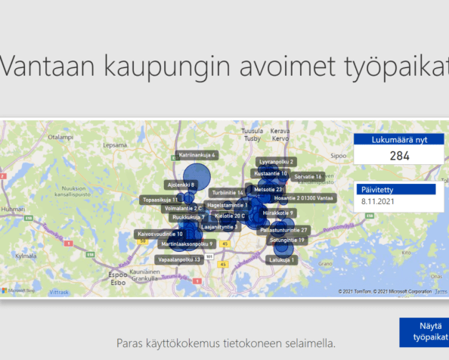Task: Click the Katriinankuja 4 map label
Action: point(197,155)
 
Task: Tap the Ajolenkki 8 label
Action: point(181,185)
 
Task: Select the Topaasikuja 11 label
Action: point(160,200)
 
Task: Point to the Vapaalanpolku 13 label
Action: point(178,259)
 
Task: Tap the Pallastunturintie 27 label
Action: point(283,229)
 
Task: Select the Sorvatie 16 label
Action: point(308,176)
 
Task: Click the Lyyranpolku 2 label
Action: point(277,162)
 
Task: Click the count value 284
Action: point(400,157)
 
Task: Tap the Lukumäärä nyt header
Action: point(400,140)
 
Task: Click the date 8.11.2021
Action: point(379,202)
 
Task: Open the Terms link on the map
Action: point(441,291)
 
